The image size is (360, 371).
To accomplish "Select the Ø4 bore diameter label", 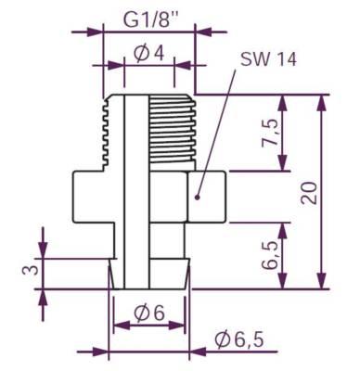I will pos(148,53).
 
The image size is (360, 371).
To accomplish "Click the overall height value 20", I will pos(310,191).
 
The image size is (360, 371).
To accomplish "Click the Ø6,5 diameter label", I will pos(239,339).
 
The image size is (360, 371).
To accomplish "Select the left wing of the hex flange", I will pos(91,196).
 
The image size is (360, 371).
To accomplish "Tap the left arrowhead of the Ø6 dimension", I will pos(116,326).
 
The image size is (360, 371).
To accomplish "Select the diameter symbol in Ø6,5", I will pos(223,339).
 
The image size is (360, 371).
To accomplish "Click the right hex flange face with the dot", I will pos(208,196).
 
